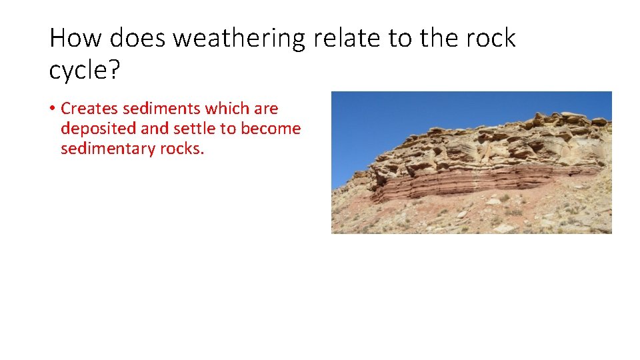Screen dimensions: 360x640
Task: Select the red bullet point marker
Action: tap(52, 109)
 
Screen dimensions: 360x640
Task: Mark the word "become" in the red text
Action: tap(270, 129)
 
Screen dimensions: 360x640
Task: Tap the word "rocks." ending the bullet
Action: tap(181, 149)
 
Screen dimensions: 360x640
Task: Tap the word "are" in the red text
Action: tap(266, 109)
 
